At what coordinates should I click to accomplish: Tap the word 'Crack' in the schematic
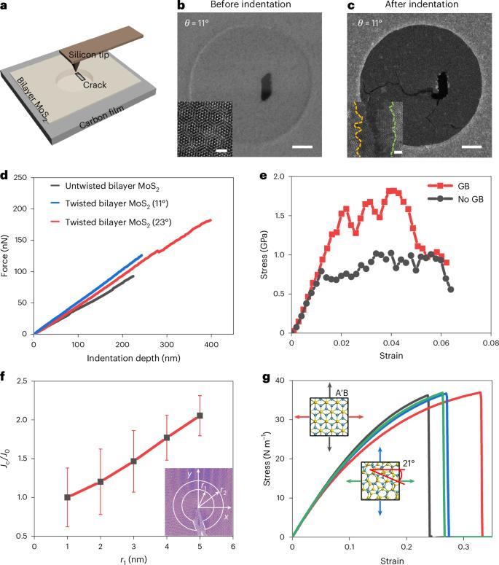[95, 85]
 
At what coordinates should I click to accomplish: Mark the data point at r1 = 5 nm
[200, 416]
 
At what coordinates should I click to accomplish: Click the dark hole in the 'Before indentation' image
[264, 87]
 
